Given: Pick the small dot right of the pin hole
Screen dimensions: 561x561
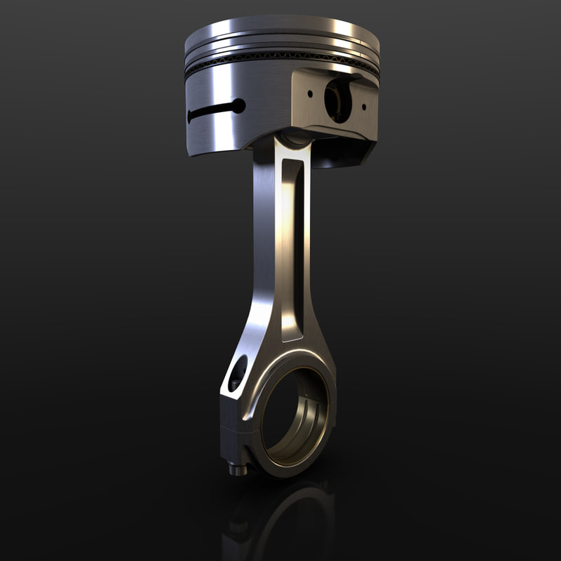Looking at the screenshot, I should click(363, 107).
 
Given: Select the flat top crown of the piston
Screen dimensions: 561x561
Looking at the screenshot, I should click(280, 28).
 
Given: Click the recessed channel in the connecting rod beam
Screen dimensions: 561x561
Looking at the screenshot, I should click(292, 245).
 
